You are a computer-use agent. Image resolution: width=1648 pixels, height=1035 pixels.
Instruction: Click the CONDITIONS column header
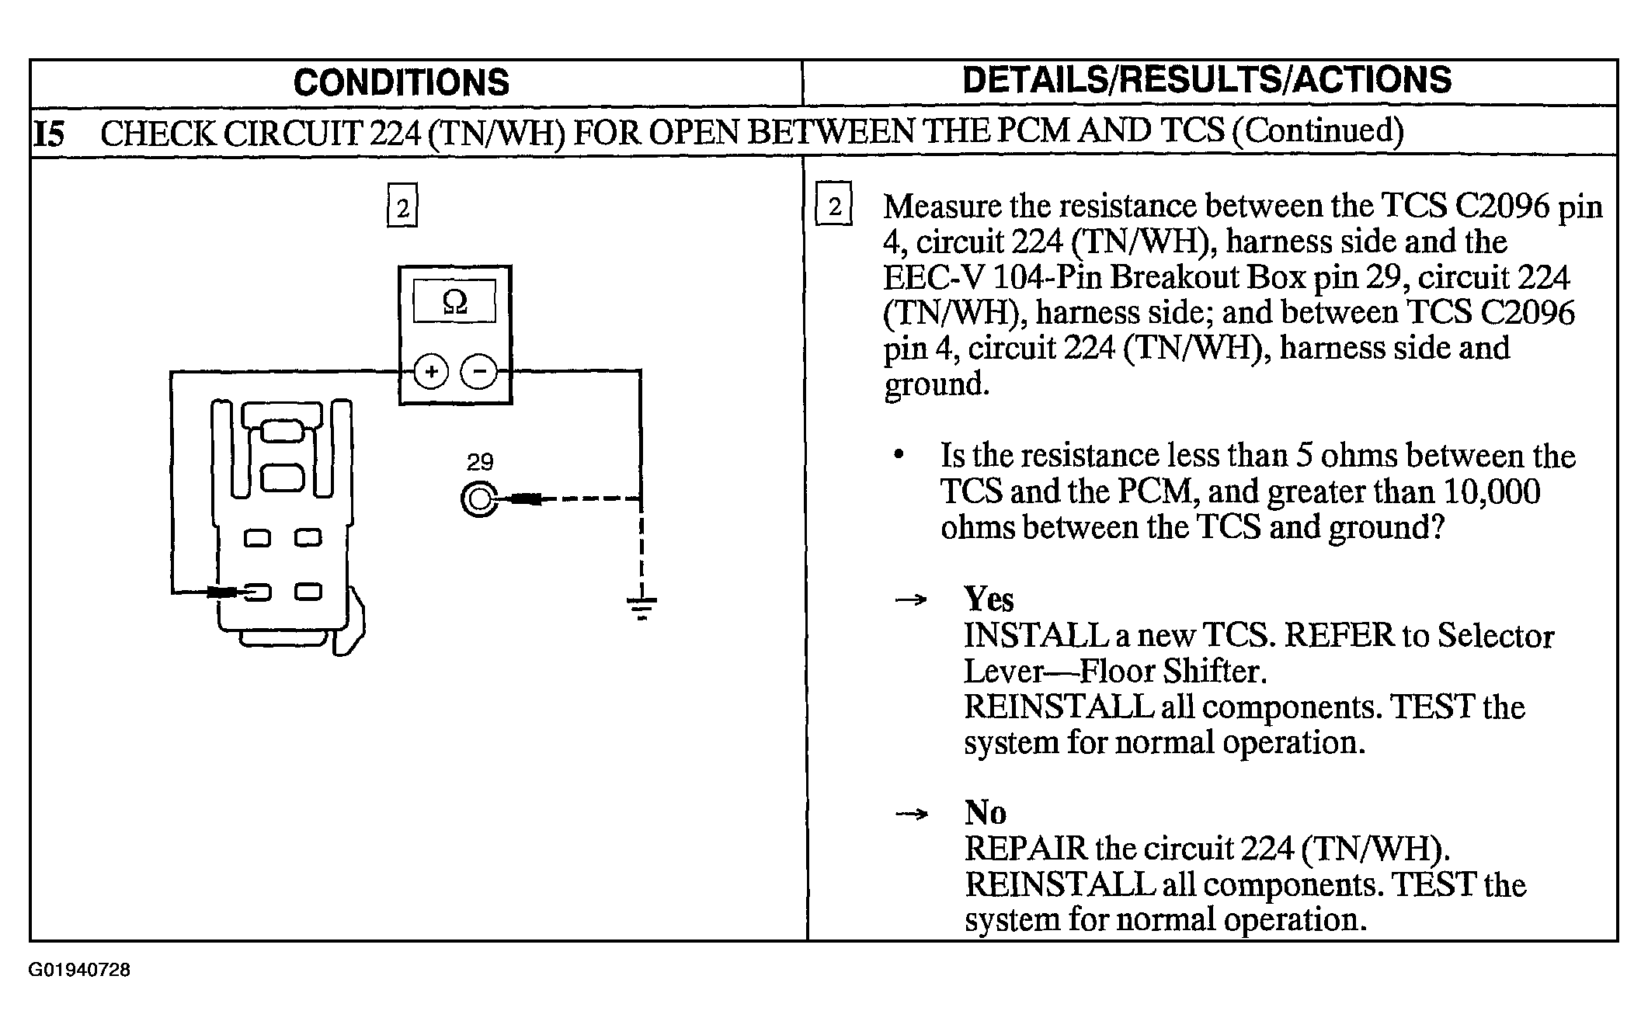[x=402, y=82]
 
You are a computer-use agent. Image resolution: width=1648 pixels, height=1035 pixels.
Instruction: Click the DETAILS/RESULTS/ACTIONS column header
[x=1207, y=80]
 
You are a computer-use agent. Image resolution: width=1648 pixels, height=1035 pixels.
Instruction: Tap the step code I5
[x=50, y=134]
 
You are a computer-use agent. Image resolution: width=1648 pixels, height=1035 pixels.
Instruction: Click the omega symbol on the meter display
[x=454, y=301]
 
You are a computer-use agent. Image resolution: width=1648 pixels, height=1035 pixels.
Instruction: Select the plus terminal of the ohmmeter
[x=431, y=372]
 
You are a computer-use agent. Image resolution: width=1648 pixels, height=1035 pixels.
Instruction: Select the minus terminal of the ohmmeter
[x=480, y=372]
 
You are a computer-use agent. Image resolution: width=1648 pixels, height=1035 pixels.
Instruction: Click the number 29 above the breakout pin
[x=480, y=462]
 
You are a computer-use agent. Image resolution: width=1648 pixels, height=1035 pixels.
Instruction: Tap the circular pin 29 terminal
[x=479, y=499]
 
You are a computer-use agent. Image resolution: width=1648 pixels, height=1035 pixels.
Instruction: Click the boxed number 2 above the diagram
[x=402, y=206]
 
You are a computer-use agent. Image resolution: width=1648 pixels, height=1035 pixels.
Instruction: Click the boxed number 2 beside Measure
[x=834, y=204]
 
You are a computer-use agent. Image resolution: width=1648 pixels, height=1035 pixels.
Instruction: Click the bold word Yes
[x=989, y=599]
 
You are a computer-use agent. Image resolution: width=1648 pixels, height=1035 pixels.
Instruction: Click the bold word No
[x=985, y=812]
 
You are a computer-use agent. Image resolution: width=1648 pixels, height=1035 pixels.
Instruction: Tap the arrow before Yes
[x=911, y=599]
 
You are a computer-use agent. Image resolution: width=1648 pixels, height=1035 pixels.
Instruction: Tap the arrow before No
[x=911, y=814]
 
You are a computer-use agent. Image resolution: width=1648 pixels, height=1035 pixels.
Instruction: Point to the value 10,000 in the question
[x=1491, y=491]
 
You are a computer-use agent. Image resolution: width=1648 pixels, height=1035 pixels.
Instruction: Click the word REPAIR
[x=1026, y=848]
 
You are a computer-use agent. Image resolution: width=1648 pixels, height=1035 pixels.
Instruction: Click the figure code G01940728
[x=79, y=970]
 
